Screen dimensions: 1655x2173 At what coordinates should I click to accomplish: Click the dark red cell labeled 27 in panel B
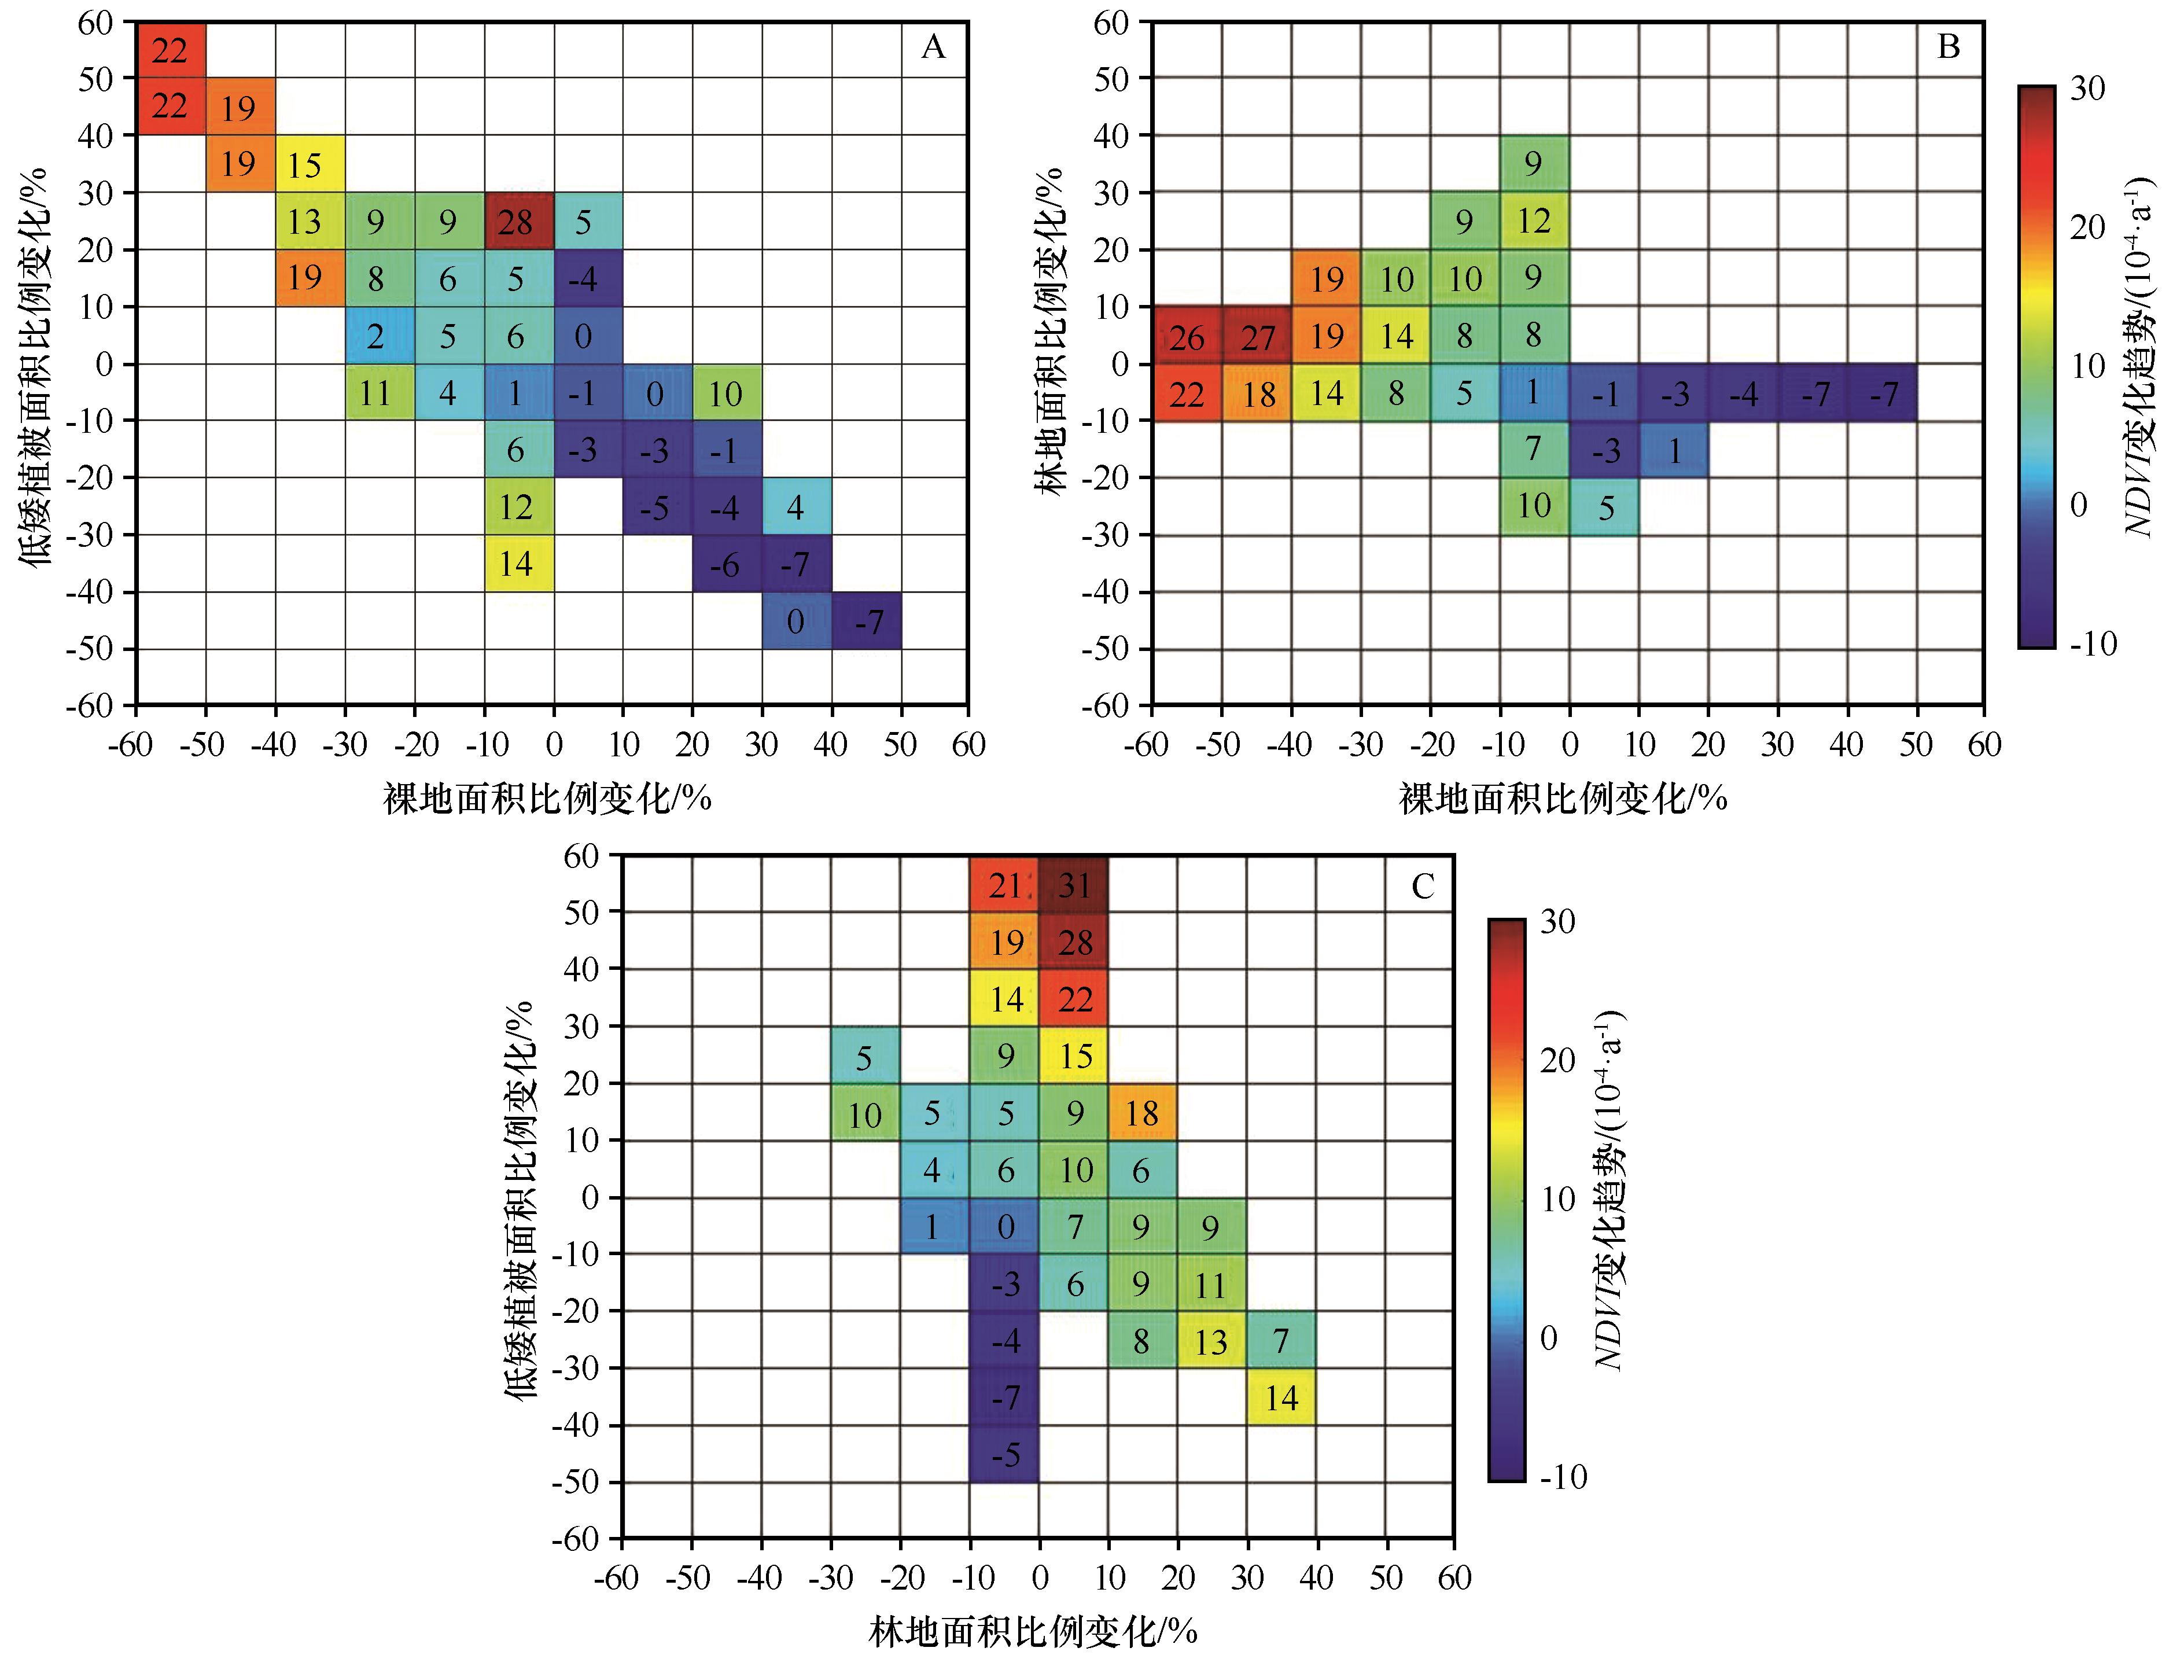pyautogui.click(x=1257, y=336)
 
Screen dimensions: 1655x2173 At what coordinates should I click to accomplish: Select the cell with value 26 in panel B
pyautogui.click(x=1187, y=336)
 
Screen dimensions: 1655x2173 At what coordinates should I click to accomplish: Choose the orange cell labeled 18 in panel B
pyautogui.click(x=1257, y=393)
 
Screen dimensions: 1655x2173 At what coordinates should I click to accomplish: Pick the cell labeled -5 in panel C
pyautogui.click(x=1005, y=1454)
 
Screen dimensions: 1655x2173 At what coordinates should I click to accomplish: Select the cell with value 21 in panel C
pyautogui.click(x=1005, y=885)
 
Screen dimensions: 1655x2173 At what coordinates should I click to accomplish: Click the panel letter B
pyautogui.click(x=1947, y=47)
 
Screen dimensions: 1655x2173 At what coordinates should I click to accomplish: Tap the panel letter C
pyautogui.click(x=1423, y=887)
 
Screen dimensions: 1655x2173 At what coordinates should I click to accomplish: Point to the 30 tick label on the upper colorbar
pyautogui.click(x=2086, y=89)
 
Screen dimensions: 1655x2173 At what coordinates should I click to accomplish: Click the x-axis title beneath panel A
pyautogui.click(x=548, y=797)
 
